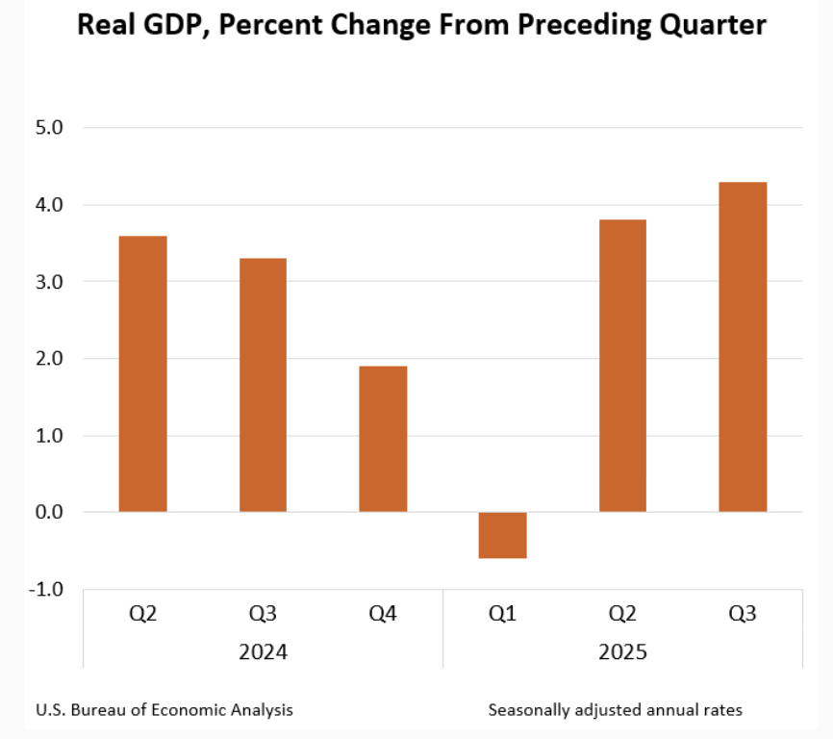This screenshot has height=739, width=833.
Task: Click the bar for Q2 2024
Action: (x=142, y=373)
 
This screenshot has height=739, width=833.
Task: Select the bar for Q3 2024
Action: (x=263, y=385)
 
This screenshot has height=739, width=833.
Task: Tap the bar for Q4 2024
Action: (x=383, y=439)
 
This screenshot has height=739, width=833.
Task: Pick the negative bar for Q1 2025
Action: (x=502, y=535)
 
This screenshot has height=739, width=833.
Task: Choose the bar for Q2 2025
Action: (x=622, y=366)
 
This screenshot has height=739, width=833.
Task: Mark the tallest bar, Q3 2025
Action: (x=743, y=346)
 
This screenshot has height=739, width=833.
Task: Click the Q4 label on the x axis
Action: (x=383, y=614)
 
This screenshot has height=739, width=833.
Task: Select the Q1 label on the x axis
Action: (x=502, y=614)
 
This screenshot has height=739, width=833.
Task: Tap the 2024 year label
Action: (x=263, y=651)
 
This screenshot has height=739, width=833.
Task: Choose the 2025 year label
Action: (x=622, y=651)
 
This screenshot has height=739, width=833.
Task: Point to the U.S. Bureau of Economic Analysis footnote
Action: (x=164, y=710)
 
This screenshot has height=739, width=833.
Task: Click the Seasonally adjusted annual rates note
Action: (x=616, y=710)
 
